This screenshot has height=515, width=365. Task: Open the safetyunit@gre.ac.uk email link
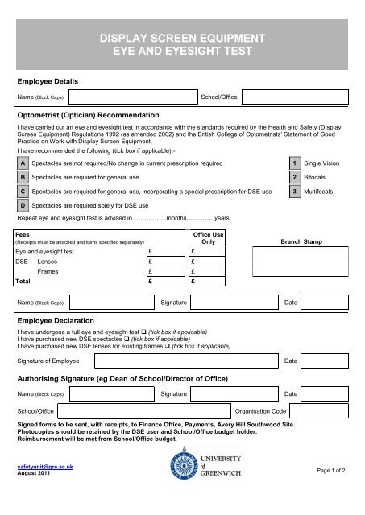click(x=40, y=488)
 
